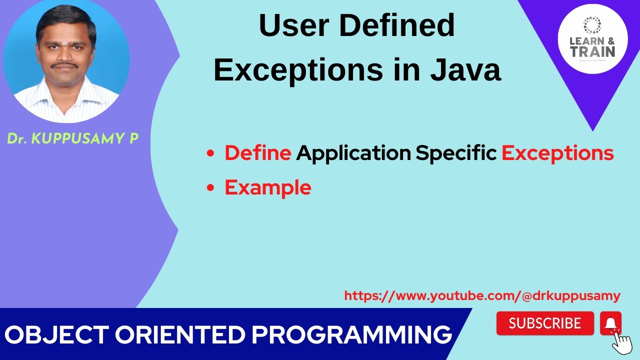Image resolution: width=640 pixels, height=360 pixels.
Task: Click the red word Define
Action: tap(257, 153)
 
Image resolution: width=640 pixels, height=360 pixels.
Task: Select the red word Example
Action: tap(267, 187)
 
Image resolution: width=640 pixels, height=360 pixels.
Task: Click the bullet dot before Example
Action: tap(210, 188)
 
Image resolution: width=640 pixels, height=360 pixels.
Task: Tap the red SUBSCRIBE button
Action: tap(544, 323)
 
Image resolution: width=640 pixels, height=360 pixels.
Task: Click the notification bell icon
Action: tap(610, 323)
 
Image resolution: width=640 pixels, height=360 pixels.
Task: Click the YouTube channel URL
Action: tap(482, 296)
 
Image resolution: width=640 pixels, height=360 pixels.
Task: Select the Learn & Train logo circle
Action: tap(592, 39)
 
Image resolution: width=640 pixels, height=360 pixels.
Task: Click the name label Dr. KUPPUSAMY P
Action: tap(72, 139)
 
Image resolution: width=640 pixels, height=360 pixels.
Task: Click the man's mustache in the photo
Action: tap(65, 64)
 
